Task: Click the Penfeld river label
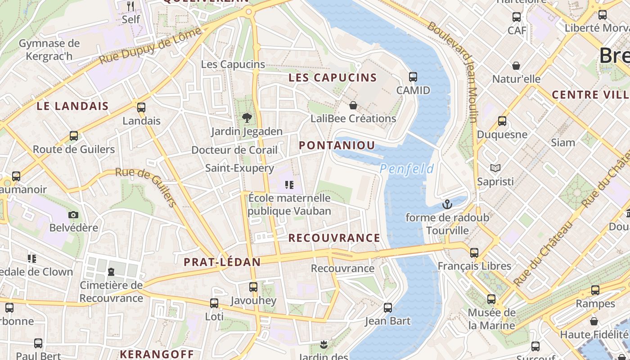[406, 169]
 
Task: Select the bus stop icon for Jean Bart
[388, 308]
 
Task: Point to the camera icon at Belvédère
[73, 215]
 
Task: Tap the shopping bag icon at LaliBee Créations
[353, 105]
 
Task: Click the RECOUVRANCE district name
[334, 238]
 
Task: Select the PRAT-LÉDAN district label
[222, 262]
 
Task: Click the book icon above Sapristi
[495, 168]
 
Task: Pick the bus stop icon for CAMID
[413, 77]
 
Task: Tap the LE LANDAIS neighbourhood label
[72, 106]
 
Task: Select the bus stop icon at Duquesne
[502, 121]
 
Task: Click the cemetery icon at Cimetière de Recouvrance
[111, 271]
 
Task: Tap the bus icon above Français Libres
[474, 252]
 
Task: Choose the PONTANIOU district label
[337, 145]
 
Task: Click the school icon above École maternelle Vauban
[289, 184]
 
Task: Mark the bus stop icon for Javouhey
[253, 287]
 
